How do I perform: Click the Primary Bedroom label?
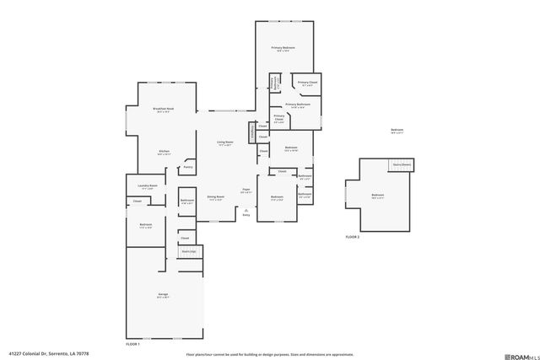[283, 48]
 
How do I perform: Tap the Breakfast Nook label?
[164, 110]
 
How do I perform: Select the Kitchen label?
[164, 152]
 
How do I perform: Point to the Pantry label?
[187, 167]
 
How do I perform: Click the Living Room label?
[224, 142]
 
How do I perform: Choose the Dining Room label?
[216, 196]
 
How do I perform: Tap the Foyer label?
[246, 190]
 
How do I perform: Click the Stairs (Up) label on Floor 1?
[187, 251]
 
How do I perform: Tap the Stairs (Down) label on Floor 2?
[404, 164]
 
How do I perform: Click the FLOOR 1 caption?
[132, 344]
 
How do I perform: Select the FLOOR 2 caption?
[353, 238]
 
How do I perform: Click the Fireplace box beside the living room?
[251, 133]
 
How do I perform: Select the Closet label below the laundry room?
[137, 201]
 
